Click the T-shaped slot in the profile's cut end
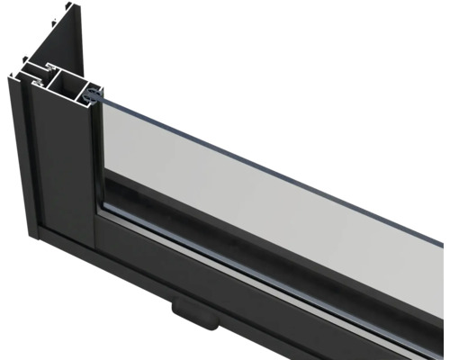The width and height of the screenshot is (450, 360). click(36, 72)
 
